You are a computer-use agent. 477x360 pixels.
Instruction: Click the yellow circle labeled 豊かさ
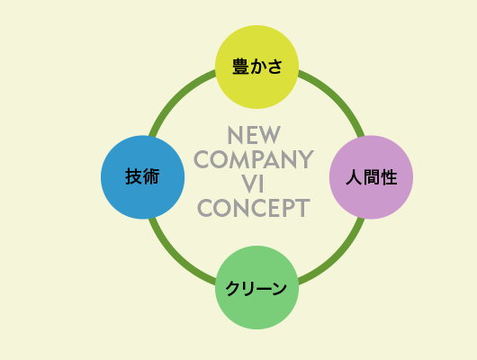point(256,67)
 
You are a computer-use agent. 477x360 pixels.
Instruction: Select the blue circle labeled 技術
point(143,177)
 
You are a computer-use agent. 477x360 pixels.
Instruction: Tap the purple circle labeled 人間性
point(371,177)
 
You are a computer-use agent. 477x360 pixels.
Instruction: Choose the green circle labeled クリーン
point(256,287)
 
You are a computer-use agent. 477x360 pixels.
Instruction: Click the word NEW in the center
point(254,135)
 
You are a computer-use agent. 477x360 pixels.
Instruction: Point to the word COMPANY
point(254,159)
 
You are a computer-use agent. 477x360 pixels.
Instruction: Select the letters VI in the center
point(253,184)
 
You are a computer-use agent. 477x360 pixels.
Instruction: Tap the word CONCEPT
point(254,208)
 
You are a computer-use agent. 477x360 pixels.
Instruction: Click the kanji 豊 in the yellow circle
point(240,67)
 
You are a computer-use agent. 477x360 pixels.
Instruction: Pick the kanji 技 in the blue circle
point(133,176)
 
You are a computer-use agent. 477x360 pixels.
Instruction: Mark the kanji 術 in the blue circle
point(151,176)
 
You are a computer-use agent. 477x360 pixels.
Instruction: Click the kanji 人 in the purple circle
point(354,177)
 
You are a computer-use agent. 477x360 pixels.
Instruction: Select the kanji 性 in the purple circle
point(389,177)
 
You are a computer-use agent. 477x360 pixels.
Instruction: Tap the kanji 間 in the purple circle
point(372,177)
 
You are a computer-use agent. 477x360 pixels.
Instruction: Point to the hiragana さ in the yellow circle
point(275,67)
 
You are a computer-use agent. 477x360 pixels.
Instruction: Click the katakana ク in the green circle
point(234,288)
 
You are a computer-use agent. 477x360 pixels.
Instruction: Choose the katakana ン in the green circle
point(279,288)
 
